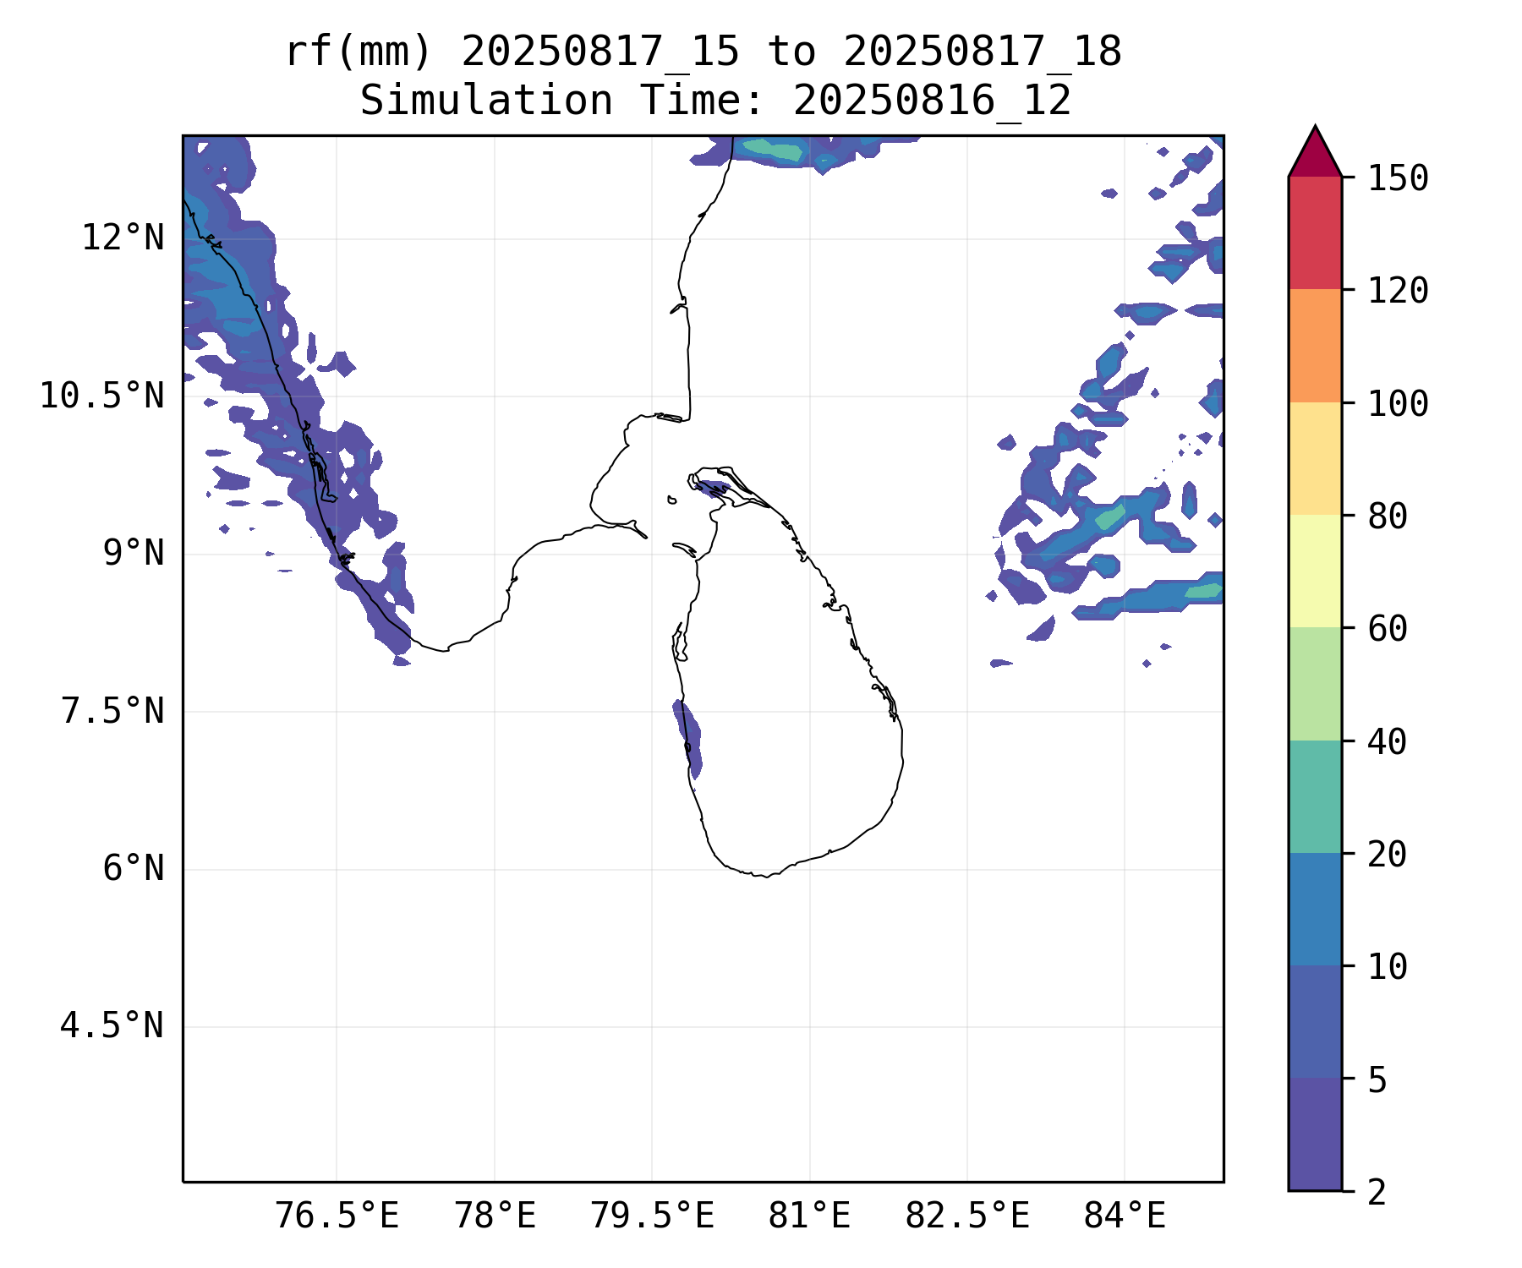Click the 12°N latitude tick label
(x=123, y=238)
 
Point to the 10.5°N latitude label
(x=102, y=396)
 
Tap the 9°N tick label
(x=133, y=554)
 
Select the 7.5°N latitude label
(x=112, y=711)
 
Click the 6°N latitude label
(x=133, y=869)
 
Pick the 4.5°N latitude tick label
(x=112, y=1026)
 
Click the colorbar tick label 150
(x=1398, y=178)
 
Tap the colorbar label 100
(x=1398, y=403)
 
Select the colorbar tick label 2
(x=1377, y=1192)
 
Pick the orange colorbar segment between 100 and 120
(x=1315, y=346)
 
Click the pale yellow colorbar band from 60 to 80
(x=1315, y=571)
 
